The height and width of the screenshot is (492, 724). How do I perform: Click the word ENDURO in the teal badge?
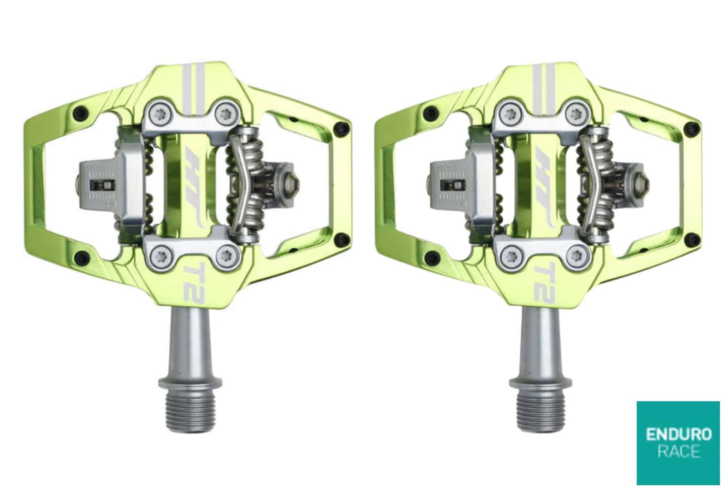[678, 435]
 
